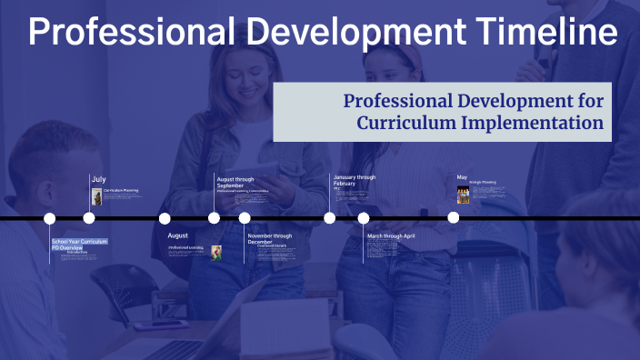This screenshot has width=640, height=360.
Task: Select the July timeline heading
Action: pos(98,178)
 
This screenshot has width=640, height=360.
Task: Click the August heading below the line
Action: pos(177,235)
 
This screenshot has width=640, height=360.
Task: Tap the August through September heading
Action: pos(235,181)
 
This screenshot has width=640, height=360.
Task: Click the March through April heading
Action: pos(391,235)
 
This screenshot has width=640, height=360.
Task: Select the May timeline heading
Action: pos(462,177)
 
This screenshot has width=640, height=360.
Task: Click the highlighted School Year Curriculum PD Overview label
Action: pos(80,244)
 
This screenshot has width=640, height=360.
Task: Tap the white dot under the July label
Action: pos(89,218)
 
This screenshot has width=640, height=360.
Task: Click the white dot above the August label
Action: pos(165,218)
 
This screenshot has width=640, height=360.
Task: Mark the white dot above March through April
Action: pos(364,218)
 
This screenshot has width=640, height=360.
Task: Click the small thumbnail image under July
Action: pos(96,195)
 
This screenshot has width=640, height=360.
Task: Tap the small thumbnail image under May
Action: pos(463,194)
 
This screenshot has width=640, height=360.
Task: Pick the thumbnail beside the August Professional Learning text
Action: pos(216,252)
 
